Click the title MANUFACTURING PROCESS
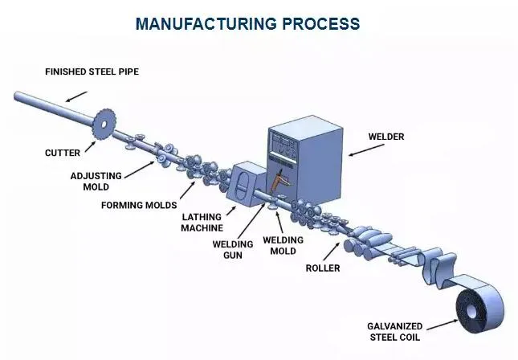[247, 23]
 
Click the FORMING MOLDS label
[138, 205]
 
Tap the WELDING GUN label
[232, 250]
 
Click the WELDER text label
[386, 137]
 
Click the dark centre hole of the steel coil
[471, 305]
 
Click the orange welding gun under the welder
[279, 183]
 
